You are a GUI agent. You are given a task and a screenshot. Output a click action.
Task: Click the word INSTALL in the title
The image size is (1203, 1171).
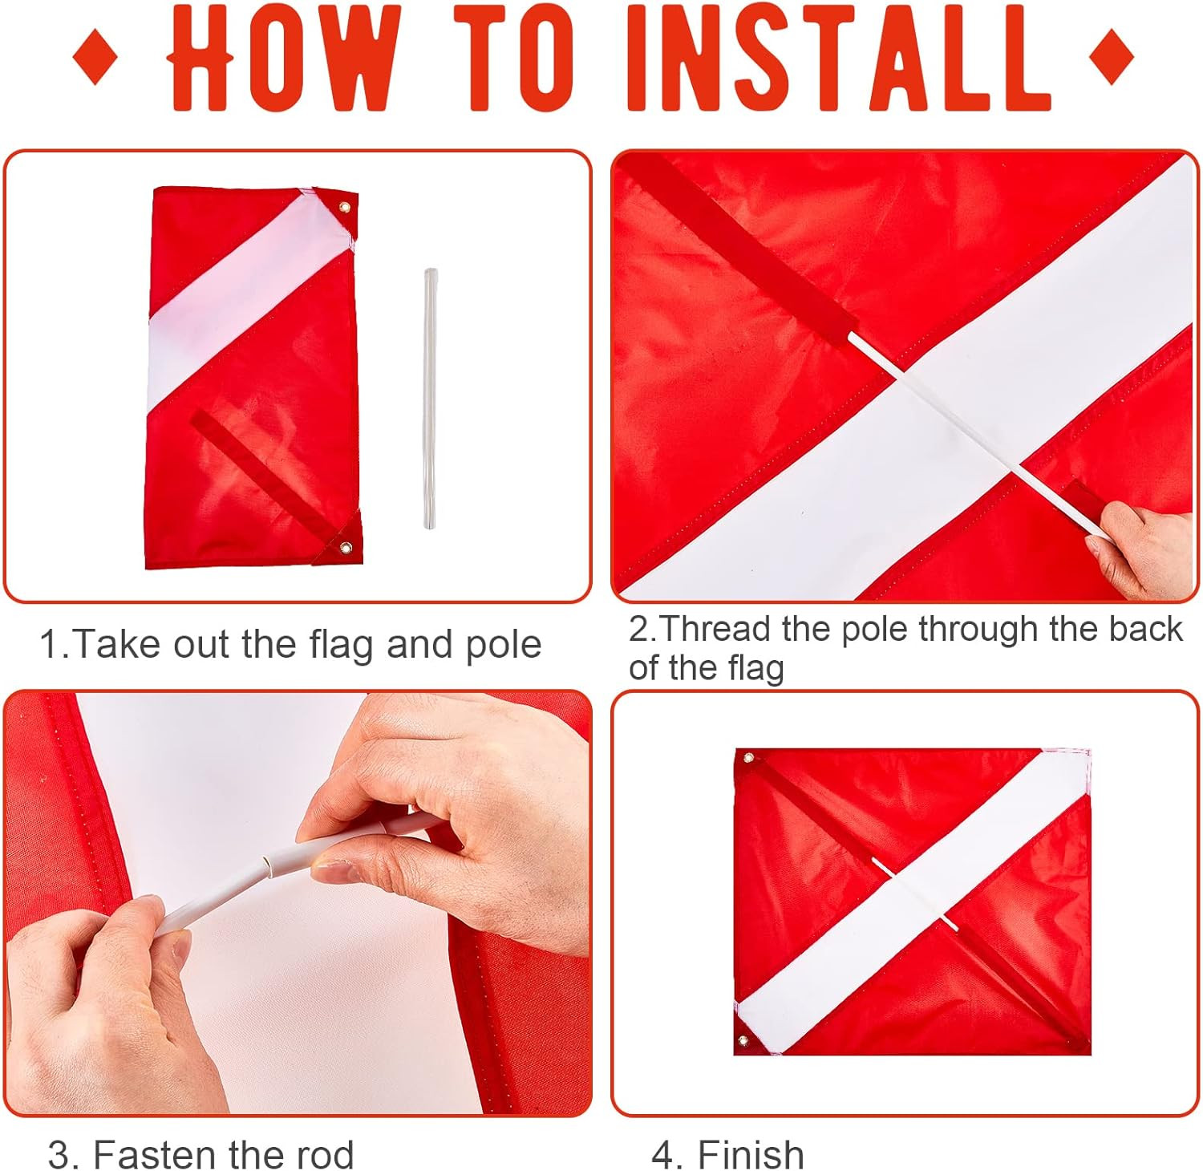[x=839, y=58]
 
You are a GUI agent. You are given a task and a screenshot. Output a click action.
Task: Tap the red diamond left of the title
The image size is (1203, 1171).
[x=95, y=57]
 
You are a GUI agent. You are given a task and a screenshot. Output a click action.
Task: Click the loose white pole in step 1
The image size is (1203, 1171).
[x=431, y=399]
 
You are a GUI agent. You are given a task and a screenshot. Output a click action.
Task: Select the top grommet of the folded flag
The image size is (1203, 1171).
[x=345, y=208]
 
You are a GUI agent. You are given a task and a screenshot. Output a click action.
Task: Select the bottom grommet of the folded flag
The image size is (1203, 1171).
[x=346, y=549]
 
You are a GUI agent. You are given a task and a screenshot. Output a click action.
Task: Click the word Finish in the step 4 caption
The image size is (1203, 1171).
[x=751, y=1155]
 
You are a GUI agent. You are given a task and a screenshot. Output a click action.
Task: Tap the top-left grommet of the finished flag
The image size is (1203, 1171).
[x=749, y=758]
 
